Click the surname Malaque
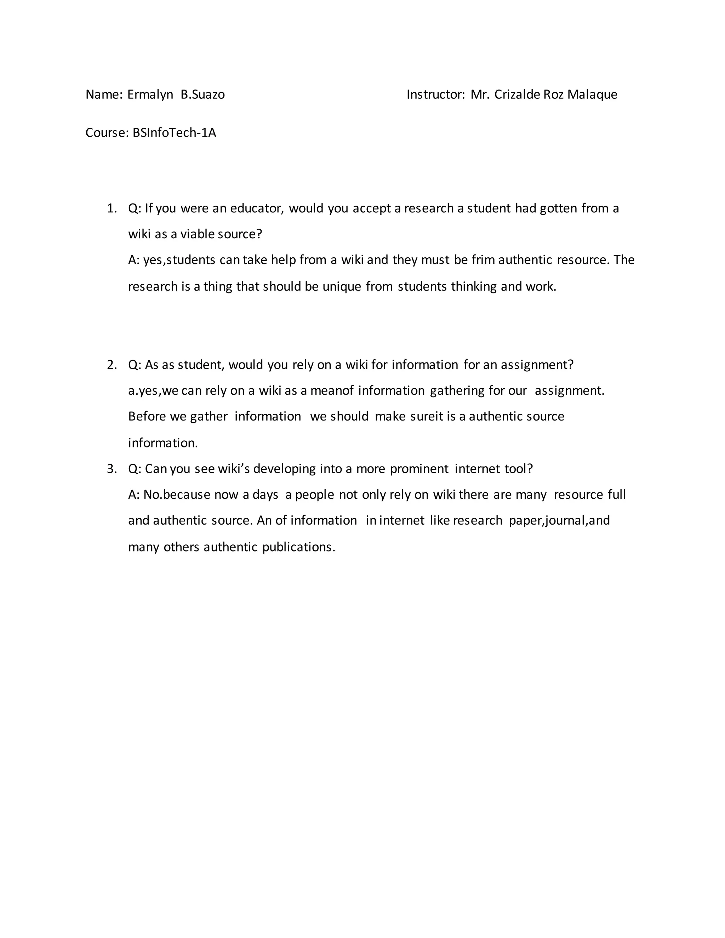(x=592, y=95)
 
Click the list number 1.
(x=112, y=208)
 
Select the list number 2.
(x=112, y=365)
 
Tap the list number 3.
(x=112, y=469)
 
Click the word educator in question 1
(x=257, y=208)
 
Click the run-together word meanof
(x=332, y=390)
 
